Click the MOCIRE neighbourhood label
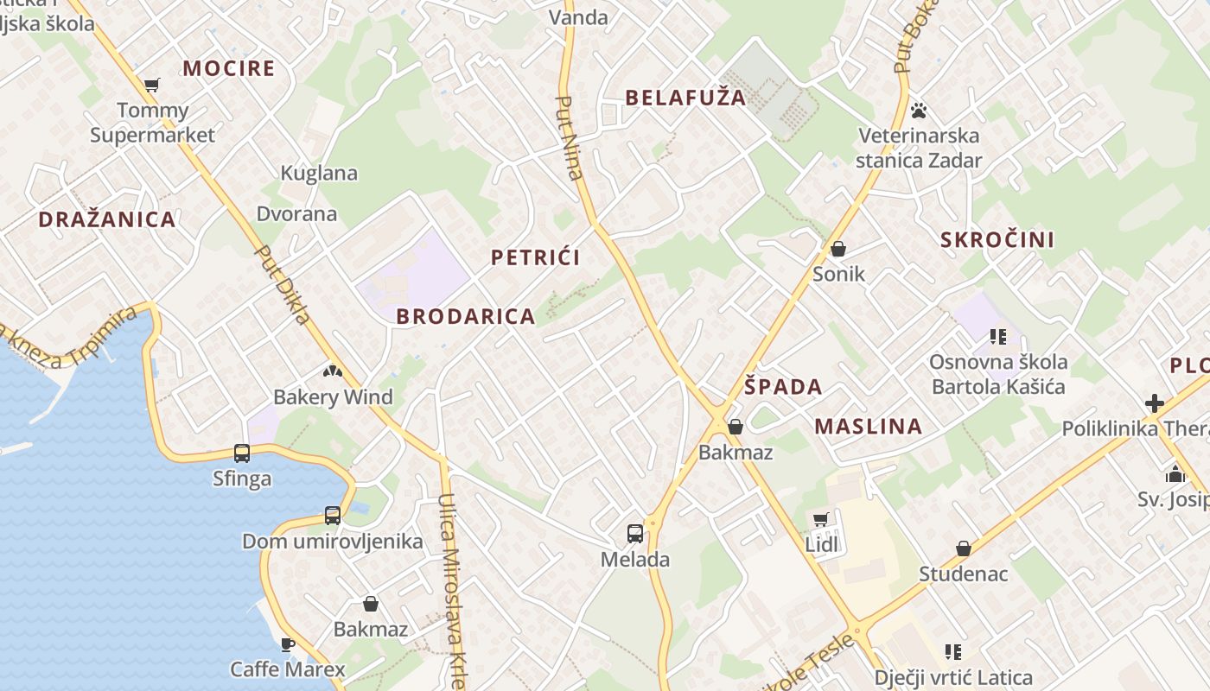229,68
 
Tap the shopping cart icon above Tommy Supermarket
152,85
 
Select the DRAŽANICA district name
107,219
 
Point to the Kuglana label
319,173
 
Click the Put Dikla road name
283,284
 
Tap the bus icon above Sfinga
242,453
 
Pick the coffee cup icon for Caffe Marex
288,644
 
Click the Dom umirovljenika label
333,542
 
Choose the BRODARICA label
466,317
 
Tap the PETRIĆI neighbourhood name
535,257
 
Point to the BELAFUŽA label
685,98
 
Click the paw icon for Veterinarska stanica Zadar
919,111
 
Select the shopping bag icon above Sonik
838,250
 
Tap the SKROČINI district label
997,240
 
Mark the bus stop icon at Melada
635,534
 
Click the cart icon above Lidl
820,520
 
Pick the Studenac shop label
963,574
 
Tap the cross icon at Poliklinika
1155,403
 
